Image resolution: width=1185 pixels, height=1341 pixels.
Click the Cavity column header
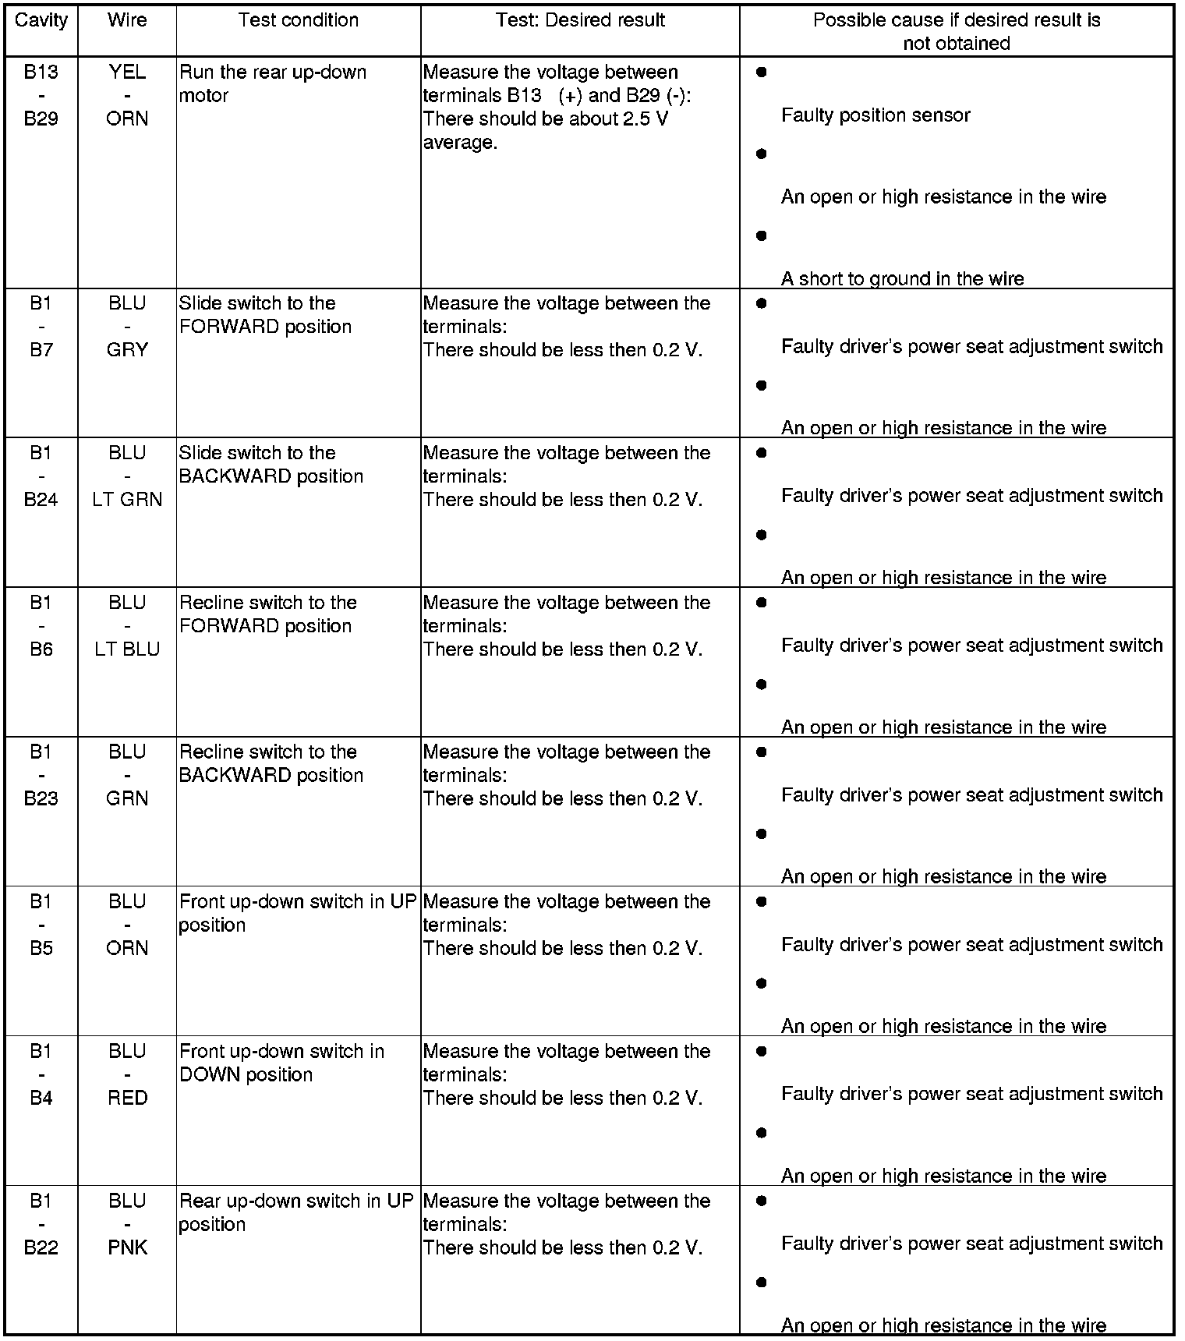41,20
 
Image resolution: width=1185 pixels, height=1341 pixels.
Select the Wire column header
127,20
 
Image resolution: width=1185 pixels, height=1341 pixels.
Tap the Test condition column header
299,20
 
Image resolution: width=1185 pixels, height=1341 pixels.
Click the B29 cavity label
41,119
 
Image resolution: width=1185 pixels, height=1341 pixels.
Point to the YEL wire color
127,72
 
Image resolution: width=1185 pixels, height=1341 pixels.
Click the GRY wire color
127,350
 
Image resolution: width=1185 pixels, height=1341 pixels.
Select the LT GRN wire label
127,500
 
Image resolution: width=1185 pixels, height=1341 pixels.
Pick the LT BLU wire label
127,649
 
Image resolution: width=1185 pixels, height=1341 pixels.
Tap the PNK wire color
127,1247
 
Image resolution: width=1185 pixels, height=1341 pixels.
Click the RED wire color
127,1098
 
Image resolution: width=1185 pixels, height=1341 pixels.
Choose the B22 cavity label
41,1247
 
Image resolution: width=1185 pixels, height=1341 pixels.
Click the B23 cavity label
41,798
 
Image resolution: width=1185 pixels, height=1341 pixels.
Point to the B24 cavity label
41,500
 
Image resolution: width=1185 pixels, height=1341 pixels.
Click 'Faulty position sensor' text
875,115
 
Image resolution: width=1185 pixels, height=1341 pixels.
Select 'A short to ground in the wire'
902,278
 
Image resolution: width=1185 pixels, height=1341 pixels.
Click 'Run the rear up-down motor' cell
272,83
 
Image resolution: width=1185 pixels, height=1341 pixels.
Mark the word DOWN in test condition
207,1074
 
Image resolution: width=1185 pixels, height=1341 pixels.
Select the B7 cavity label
41,350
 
